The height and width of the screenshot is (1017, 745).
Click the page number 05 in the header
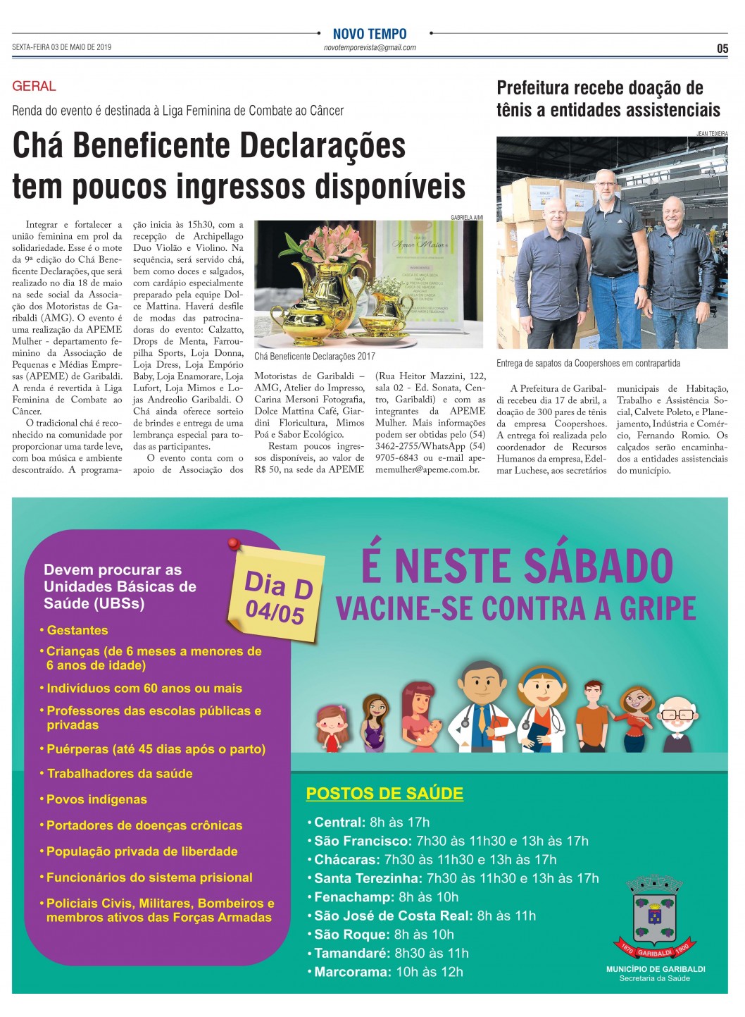click(722, 49)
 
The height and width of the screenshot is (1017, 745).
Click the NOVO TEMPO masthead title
click(370, 34)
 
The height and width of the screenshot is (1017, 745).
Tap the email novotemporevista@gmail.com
click(370, 48)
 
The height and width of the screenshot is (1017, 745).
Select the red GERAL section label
click(34, 86)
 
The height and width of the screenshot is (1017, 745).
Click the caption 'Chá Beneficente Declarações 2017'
click(315, 357)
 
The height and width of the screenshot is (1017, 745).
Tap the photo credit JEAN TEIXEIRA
click(712, 133)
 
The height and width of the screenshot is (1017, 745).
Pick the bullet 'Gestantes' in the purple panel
click(77, 630)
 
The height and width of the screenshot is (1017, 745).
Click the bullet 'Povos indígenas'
click(96, 799)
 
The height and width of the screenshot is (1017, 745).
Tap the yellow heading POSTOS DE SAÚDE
click(384, 794)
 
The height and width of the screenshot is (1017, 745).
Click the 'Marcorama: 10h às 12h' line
click(388, 972)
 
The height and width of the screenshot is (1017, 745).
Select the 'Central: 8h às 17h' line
click(371, 822)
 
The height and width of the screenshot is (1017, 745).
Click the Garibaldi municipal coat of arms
click(655, 916)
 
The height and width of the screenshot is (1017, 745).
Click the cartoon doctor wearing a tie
click(482, 705)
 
